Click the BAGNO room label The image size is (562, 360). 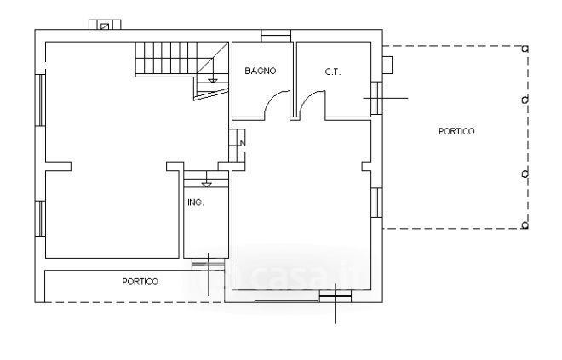261,71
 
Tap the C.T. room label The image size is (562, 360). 333,72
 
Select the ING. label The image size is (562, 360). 196,203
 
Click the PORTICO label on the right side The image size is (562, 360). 456,131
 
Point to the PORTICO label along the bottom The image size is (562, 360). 140,282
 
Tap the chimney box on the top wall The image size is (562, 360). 105,25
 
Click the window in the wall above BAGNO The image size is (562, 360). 276,36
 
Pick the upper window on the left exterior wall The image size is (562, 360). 41,100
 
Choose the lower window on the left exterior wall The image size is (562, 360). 41,219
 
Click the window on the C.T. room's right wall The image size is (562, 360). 376,98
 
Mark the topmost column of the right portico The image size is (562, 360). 525,49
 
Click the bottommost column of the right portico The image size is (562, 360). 525,226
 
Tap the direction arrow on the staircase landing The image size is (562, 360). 213,81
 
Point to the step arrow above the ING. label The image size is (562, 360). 207,185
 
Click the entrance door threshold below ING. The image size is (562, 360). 209,265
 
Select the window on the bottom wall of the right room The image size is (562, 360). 335,296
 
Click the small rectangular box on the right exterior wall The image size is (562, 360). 387,65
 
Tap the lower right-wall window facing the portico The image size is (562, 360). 376,203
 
